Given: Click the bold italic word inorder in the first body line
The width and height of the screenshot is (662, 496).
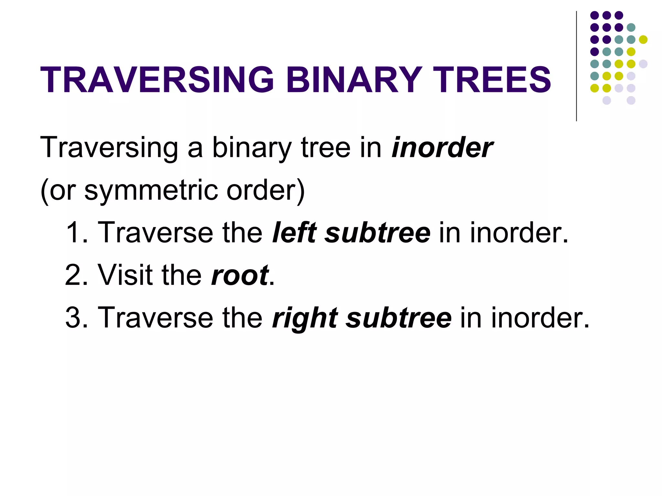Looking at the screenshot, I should coord(442,148).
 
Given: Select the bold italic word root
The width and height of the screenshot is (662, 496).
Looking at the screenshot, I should coord(240,275).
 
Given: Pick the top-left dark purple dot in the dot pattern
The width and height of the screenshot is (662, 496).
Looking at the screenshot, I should coord(594,15).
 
